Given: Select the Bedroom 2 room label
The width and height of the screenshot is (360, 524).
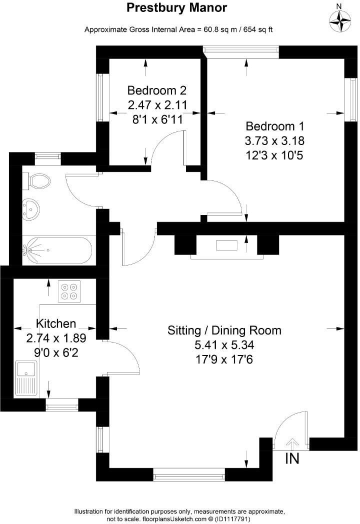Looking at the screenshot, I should (156, 90).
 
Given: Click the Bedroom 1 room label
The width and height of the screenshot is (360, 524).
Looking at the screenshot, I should (273, 126).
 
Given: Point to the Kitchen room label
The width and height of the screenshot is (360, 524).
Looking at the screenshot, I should (56, 323).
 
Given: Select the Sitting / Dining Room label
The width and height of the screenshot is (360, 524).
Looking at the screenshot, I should (224, 330).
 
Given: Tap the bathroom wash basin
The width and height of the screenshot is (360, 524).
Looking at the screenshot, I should (31, 208).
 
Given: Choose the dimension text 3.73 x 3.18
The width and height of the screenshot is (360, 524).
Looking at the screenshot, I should (273, 140).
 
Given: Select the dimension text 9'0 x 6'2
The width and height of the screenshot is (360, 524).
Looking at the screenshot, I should (56, 352).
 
